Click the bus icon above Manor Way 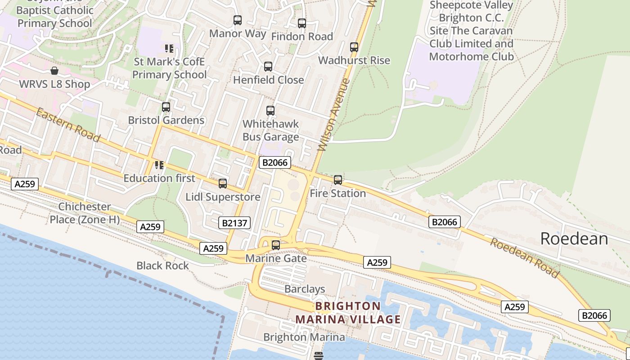pyautogui.click(x=238, y=20)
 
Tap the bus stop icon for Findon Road pyautogui.click(x=302, y=23)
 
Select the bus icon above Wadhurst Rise pyautogui.click(x=354, y=47)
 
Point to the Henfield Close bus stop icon pyautogui.click(x=268, y=67)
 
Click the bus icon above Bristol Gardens pyautogui.click(x=166, y=107)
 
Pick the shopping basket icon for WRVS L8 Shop pyautogui.click(x=54, y=71)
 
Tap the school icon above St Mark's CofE pyautogui.click(x=169, y=49)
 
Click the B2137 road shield pyautogui.click(x=236, y=222)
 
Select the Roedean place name pyautogui.click(x=574, y=238)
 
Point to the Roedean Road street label pyautogui.click(x=525, y=258)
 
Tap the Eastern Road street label pyautogui.click(x=67, y=125)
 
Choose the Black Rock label pyautogui.click(x=163, y=265)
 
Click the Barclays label pyautogui.click(x=305, y=289)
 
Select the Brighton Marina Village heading pyautogui.click(x=348, y=313)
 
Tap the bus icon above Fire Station pyautogui.click(x=338, y=180)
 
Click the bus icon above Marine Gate pyautogui.click(x=276, y=245)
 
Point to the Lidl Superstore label pyautogui.click(x=223, y=197)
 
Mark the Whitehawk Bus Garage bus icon pyautogui.click(x=270, y=111)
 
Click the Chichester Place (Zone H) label pyautogui.click(x=85, y=213)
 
